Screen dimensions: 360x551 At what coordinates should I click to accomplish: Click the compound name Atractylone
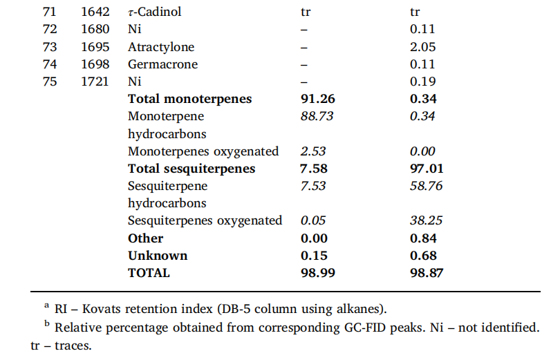coord(161,47)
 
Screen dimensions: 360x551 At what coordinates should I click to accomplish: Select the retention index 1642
coord(95,12)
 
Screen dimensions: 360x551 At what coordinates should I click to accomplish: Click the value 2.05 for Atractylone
coord(422,47)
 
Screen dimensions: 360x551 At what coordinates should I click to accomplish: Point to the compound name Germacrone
coord(162,64)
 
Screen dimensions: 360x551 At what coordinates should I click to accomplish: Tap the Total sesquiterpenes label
coord(192,169)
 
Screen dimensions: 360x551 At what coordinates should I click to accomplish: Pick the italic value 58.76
coord(426,186)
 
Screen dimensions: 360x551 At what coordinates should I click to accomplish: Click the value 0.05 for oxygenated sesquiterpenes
coord(313,220)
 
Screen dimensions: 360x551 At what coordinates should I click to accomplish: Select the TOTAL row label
coord(149,273)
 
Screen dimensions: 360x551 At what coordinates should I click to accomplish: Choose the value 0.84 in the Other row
coord(423,238)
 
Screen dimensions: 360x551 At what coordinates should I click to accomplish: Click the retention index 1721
coord(95,82)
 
